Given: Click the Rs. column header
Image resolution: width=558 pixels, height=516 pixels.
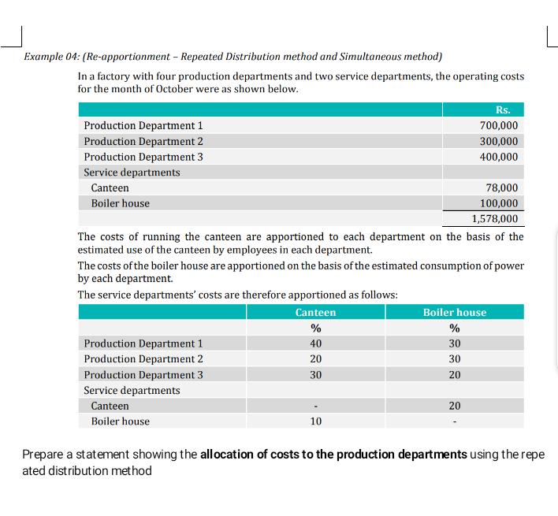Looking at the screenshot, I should pos(503,110).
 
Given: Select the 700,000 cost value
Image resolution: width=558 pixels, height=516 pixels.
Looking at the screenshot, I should pos(499,126).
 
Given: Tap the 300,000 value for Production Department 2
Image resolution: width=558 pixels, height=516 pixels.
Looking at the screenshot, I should pos(499,142).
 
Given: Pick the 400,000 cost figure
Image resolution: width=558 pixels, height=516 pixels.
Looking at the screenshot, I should pos(499,157).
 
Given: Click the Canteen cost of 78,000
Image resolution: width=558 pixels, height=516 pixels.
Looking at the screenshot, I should pos(503,188).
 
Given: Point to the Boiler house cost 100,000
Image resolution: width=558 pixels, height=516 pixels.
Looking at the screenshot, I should pos(499,203).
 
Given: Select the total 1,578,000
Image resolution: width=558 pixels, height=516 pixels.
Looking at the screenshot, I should pos(495,219).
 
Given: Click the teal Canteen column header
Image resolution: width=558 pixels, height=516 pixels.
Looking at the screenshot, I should pos(315,313).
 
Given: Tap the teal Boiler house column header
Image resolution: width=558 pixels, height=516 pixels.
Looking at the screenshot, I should pos(455,313).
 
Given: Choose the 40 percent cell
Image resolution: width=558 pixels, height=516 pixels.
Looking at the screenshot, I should pos(315,343).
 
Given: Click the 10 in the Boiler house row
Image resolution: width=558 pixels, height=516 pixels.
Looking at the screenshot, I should pos(315,421).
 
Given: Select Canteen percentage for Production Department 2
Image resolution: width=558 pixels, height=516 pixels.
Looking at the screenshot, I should pos(315,359).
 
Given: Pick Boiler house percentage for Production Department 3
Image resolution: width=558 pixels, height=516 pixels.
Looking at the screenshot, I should pos(455,375).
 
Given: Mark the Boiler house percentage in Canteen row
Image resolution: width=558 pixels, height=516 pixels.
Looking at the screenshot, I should pos(455,406).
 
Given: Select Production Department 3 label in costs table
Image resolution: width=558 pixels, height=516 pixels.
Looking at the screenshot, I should pos(143,157).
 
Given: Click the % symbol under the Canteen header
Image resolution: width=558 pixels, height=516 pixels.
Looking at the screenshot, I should pos(315,329).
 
